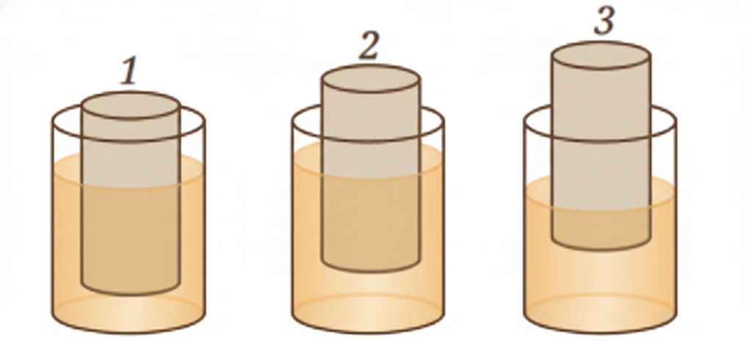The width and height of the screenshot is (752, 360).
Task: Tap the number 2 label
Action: (x=369, y=46)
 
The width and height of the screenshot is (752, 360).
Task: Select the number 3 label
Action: (x=603, y=21)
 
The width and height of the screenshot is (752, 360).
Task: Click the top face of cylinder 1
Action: (x=130, y=105)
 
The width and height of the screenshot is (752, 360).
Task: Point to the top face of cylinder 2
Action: (x=370, y=79)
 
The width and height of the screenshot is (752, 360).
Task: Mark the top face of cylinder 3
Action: (x=601, y=56)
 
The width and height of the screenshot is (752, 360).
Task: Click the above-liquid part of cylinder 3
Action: (x=601, y=132)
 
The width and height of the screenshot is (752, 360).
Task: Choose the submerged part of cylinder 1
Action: (x=130, y=235)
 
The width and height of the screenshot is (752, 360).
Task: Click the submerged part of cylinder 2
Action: (x=370, y=220)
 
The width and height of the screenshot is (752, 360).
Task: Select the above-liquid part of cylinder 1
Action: (x=130, y=151)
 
